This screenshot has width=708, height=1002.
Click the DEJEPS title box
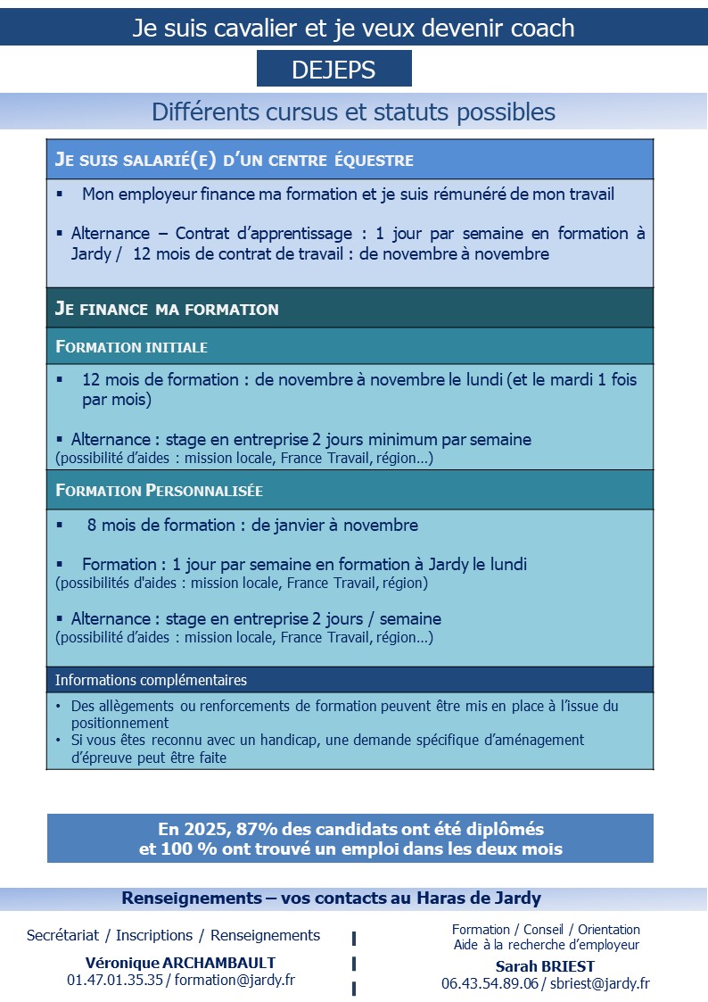coord(333,69)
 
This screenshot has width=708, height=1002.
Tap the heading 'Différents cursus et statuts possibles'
coord(353,112)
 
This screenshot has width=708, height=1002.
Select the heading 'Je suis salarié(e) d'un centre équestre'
coord(235,161)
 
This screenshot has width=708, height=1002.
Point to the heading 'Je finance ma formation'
coord(167,310)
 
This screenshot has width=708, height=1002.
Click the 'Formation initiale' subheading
coord(131,346)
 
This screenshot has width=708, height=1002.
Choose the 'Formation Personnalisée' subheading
coord(159,491)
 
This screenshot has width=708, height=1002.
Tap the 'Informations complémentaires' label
coord(151,680)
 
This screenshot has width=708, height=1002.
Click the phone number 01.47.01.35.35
coord(115,980)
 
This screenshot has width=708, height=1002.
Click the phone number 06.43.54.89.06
coord(490,983)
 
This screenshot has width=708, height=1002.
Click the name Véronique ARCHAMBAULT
coord(180,963)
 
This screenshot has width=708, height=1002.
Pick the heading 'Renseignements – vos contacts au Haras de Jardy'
coord(331,898)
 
